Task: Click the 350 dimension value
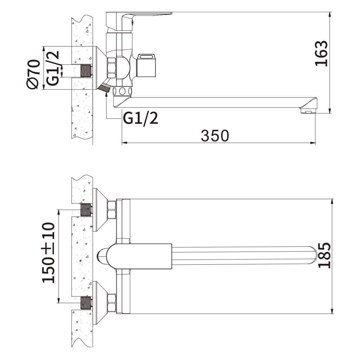pyautogui.click(x=215, y=136)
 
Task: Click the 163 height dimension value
pyautogui.click(x=321, y=54)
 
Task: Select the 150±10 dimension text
pyautogui.click(x=48, y=252)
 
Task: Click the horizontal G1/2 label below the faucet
pyautogui.click(x=141, y=118)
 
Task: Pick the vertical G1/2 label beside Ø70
pyautogui.click(x=53, y=68)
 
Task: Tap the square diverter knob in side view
pyautogui.click(x=146, y=65)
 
